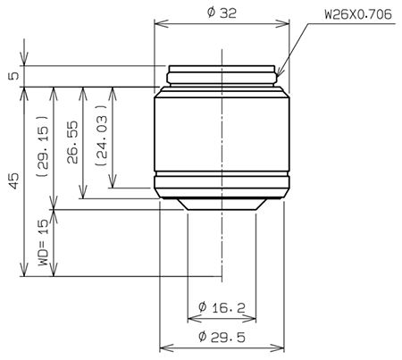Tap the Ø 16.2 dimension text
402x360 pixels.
coord(222,307)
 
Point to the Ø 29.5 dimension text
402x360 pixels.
coord(222,337)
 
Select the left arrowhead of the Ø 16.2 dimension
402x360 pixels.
coord(189,318)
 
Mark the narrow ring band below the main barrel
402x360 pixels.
coord(222,185)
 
